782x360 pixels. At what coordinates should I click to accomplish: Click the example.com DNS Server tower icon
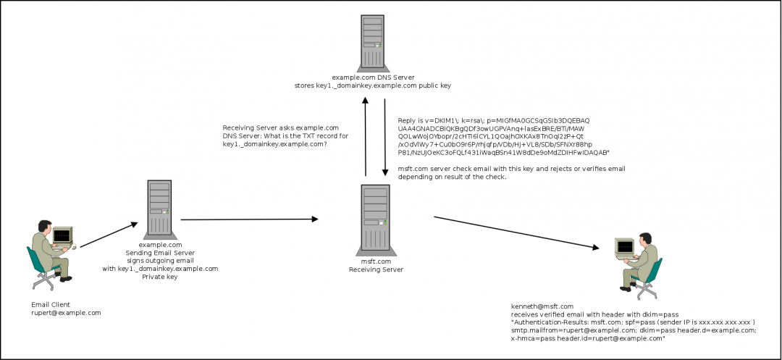[x=371, y=41]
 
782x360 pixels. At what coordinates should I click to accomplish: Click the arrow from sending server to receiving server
[x=250, y=219]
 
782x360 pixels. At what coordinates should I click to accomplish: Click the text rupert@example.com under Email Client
[x=66, y=313]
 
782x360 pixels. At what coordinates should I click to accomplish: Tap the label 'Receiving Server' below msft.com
[x=376, y=269]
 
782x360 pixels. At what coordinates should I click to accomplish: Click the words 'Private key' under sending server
[x=160, y=277]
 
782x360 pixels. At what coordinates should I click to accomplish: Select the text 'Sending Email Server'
[x=160, y=253]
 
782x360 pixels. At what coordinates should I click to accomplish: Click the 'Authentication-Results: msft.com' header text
[x=565, y=322]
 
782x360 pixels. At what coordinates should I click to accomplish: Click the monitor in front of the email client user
[x=62, y=235]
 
